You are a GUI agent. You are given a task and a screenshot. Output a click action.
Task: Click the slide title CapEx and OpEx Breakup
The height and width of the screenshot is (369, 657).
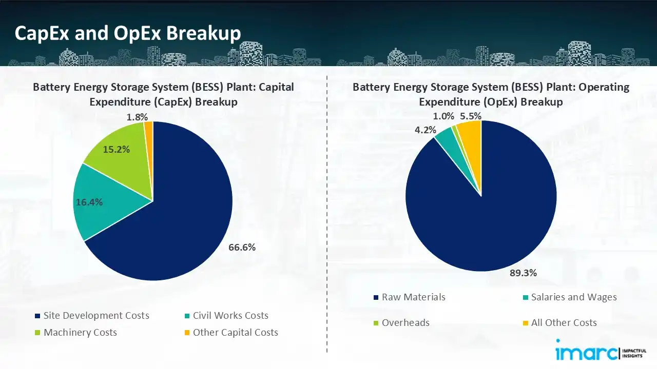[128, 33]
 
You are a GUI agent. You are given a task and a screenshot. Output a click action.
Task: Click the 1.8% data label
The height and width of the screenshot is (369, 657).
[137, 117]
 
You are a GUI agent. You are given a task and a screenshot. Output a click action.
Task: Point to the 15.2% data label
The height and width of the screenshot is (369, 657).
[117, 150]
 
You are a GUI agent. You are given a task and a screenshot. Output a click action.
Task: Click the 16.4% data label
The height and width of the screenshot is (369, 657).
[89, 202]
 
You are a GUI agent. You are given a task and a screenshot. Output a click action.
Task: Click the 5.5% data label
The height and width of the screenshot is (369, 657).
[471, 116]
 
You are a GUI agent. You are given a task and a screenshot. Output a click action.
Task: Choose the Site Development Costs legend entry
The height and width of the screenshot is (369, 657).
[96, 316]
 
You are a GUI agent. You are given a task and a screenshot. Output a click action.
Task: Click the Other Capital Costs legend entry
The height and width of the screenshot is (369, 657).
[235, 333]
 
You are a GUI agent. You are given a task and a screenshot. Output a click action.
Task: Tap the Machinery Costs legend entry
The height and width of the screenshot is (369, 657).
[80, 333]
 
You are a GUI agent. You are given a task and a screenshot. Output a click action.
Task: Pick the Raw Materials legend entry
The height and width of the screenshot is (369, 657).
[413, 297]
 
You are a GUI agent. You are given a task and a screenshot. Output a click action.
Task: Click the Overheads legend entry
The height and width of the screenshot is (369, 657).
[405, 323]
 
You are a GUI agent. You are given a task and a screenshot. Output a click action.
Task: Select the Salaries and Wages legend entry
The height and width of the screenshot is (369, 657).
[573, 297]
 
